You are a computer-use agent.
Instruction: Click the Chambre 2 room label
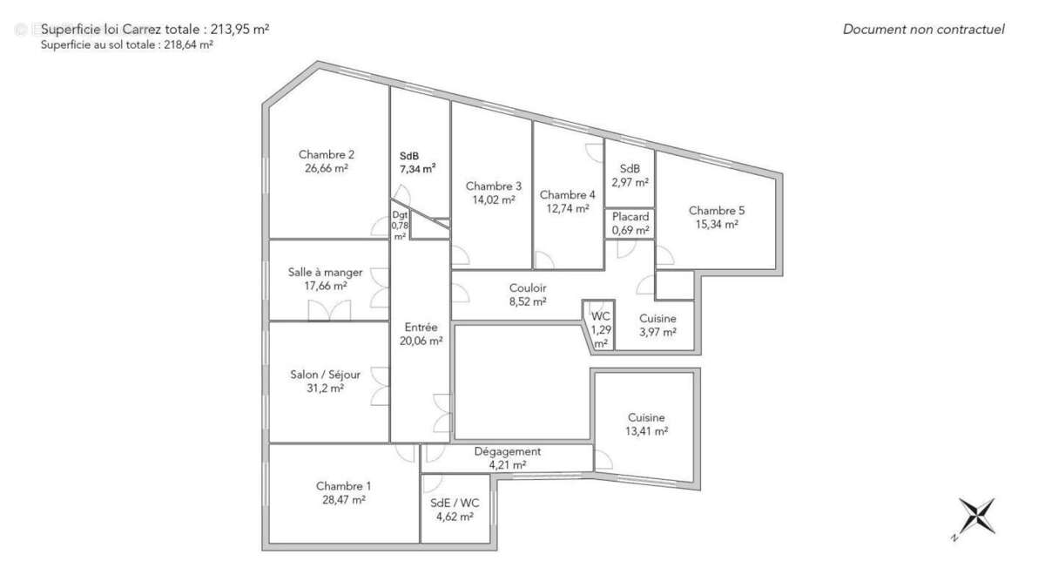326,155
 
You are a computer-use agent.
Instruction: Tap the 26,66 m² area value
326,169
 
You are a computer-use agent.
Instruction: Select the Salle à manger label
325,272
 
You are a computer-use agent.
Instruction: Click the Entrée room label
421,328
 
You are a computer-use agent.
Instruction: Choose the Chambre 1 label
343,486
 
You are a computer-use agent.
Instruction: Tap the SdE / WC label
455,503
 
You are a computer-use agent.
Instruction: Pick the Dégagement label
507,451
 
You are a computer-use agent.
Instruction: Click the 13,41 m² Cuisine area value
646,430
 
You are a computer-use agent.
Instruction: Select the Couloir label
528,288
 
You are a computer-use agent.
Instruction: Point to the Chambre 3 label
494,186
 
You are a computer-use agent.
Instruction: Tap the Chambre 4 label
568,194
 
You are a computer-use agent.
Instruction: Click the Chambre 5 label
717,210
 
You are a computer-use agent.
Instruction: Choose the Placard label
630,216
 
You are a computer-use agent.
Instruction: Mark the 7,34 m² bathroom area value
418,169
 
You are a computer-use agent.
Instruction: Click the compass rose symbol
976,516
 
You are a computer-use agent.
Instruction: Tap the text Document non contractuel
923,30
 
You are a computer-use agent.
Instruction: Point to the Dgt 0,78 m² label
400,225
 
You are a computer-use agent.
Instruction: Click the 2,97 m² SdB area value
630,182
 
